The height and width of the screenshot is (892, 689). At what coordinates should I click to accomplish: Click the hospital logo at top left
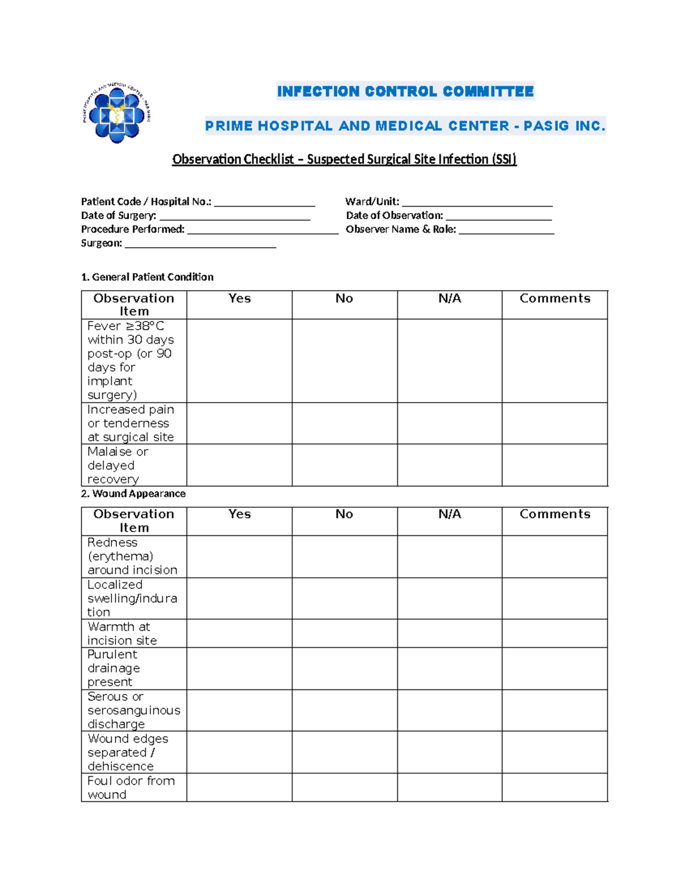[117, 113]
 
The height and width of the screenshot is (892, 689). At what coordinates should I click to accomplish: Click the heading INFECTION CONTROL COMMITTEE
[405, 91]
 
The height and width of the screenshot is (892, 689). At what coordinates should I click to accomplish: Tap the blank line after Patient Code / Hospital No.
[264, 202]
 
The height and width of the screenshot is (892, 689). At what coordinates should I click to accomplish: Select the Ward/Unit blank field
[477, 202]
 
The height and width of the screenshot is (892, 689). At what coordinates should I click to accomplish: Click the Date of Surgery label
[118, 215]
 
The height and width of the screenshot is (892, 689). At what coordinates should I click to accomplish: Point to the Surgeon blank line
[200, 244]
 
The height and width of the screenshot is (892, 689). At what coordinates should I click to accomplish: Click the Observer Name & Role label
[401, 229]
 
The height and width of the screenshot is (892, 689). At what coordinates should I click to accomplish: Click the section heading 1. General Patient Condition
[147, 277]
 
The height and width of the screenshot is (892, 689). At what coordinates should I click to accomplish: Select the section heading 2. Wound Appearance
[133, 493]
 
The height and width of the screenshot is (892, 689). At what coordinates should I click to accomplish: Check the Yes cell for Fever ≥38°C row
[239, 361]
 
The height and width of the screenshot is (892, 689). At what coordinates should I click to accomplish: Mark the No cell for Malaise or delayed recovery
[344, 465]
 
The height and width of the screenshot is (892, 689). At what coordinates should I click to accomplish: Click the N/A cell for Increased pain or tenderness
[450, 423]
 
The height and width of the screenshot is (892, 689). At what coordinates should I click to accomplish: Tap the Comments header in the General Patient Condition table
[555, 299]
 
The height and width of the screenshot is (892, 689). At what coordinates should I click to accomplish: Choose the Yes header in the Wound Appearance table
[239, 514]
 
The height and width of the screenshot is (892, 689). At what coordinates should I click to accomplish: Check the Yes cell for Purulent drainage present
[239, 669]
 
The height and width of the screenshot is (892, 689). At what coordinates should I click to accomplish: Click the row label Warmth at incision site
[122, 634]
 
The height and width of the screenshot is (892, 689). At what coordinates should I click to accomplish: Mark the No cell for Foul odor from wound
[344, 787]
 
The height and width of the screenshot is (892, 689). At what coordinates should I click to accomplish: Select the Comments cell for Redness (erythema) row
[555, 557]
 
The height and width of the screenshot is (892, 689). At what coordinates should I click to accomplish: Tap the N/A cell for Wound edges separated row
[450, 752]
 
